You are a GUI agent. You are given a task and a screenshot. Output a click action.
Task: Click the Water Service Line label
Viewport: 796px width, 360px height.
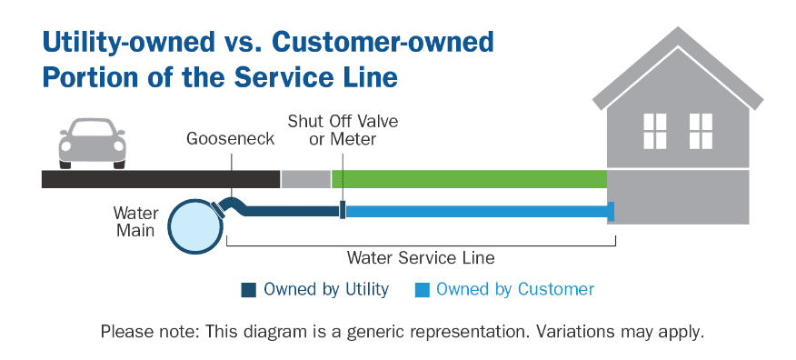(x=421, y=257)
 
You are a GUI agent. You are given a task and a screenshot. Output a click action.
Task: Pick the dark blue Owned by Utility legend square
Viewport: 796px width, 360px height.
(x=248, y=290)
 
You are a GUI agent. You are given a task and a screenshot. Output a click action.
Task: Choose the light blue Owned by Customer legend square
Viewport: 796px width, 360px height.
(x=422, y=290)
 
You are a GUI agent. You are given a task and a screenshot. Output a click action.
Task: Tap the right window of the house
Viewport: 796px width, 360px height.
(x=701, y=131)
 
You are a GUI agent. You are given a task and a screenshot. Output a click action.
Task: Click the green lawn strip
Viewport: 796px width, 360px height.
(x=469, y=179)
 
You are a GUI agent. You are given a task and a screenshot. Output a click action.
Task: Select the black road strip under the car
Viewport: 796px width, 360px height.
(x=160, y=179)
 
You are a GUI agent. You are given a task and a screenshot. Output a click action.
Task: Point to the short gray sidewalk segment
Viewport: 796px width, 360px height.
(x=305, y=179)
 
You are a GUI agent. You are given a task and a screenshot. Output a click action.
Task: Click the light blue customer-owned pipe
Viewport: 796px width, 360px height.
(x=476, y=212)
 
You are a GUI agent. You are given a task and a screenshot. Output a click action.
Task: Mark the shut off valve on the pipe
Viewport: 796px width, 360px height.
(x=343, y=211)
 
